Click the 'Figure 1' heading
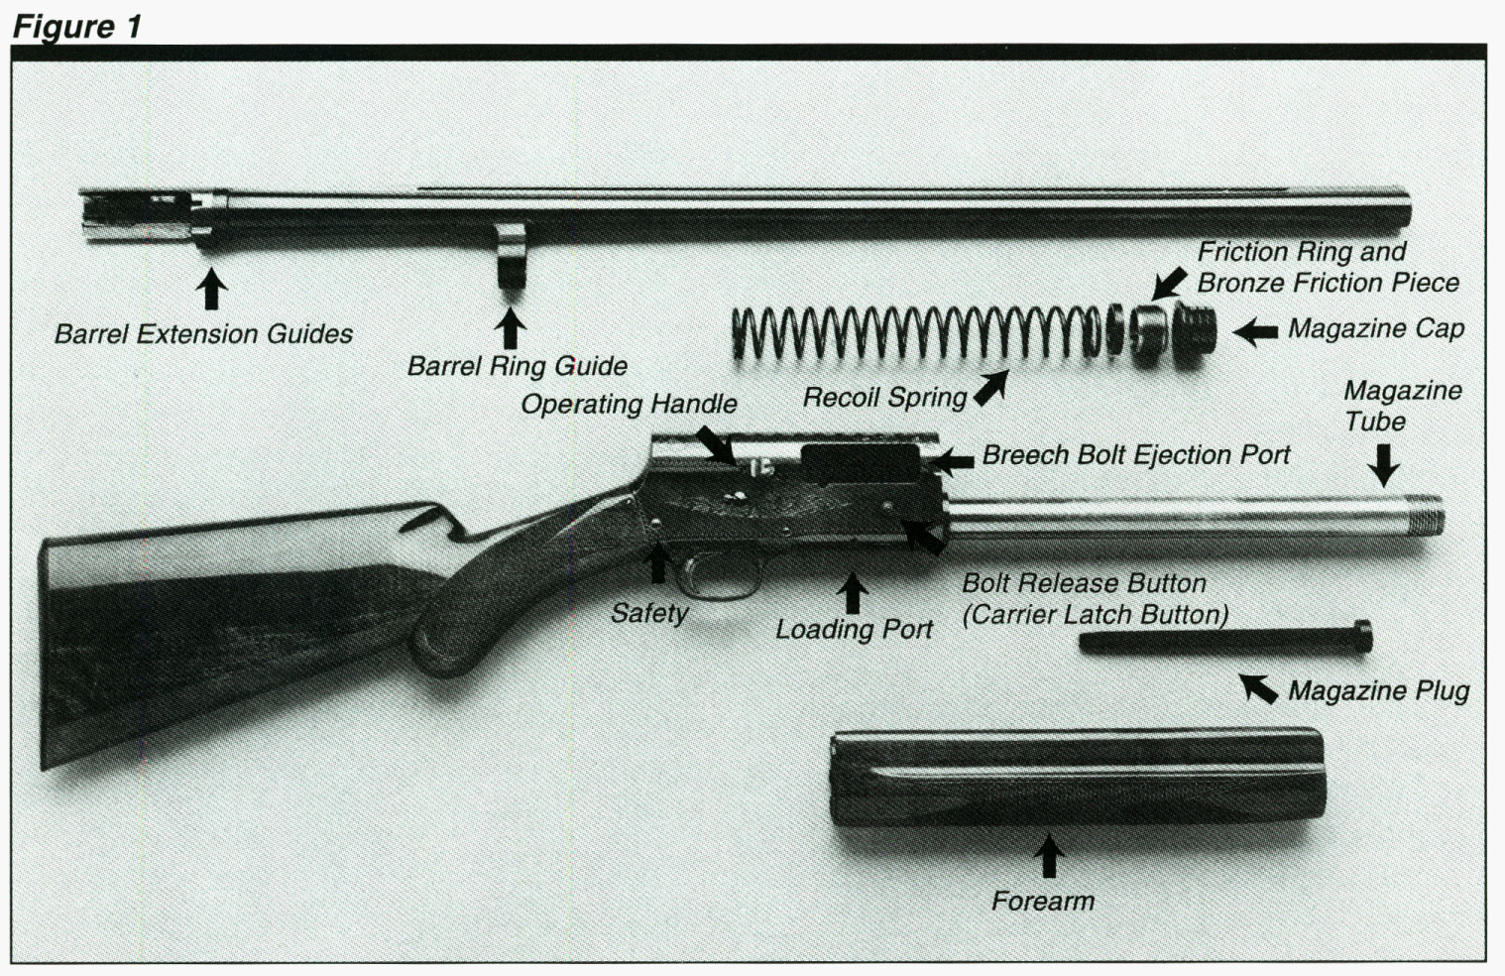click(x=77, y=26)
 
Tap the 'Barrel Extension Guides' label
click(x=203, y=334)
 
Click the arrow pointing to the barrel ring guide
click(x=510, y=327)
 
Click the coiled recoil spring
click(x=912, y=332)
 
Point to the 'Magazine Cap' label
click(x=1375, y=328)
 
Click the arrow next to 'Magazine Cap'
click(x=1256, y=331)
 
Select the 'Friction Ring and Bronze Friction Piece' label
click(x=1327, y=267)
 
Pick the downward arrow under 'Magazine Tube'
click(x=1384, y=464)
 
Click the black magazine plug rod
click(x=1224, y=640)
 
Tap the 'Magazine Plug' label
click(x=1378, y=690)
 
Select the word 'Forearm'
click(x=1043, y=901)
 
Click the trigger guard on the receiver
click(x=717, y=580)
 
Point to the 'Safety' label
click(x=649, y=613)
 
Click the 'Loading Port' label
click(x=854, y=629)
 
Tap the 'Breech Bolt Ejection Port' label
click(x=1136, y=455)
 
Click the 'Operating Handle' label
click(x=629, y=404)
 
